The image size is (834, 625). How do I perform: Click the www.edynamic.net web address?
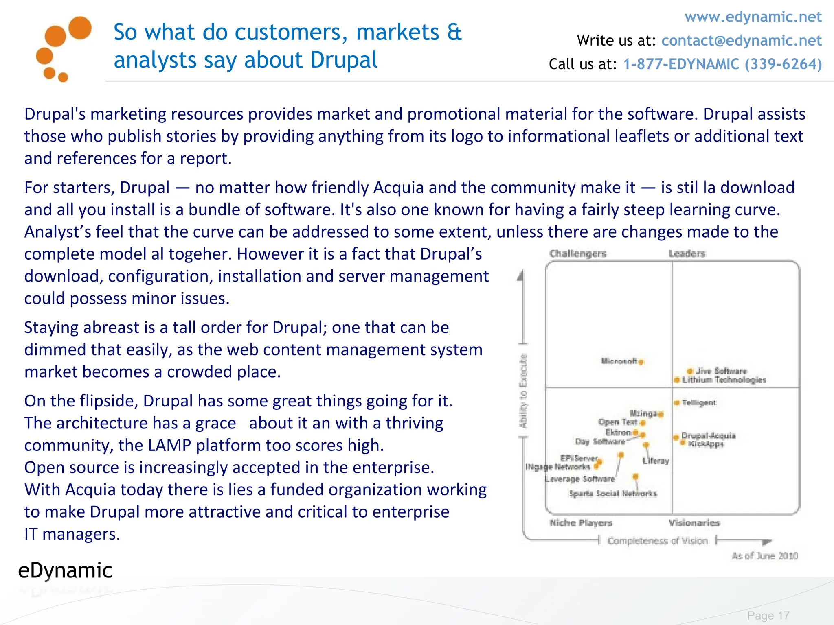(753, 17)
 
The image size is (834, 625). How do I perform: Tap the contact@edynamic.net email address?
(741, 41)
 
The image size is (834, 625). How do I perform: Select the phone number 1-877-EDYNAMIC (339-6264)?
(722, 64)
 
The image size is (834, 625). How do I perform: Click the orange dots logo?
(63, 49)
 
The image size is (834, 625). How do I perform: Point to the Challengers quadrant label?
(577, 253)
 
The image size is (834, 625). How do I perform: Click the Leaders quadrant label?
(687, 253)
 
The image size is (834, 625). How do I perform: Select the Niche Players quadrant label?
(581, 523)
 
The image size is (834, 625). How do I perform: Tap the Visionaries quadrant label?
(694, 523)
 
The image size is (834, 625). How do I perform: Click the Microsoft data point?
(641, 362)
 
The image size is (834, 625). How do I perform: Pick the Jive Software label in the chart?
(721, 371)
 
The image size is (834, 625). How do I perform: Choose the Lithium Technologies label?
(724, 380)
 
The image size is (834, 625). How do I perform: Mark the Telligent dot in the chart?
(677, 403)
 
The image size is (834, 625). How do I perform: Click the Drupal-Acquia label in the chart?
(709, 436)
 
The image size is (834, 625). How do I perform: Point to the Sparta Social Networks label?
(613, 494)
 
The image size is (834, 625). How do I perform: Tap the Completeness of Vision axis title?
(657, 541)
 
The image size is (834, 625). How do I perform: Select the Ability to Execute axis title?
(523, 391)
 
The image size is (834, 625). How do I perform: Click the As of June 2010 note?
(764, 556)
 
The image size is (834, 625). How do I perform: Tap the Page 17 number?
(768, 616)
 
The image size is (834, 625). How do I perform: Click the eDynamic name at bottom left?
(65, 570)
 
